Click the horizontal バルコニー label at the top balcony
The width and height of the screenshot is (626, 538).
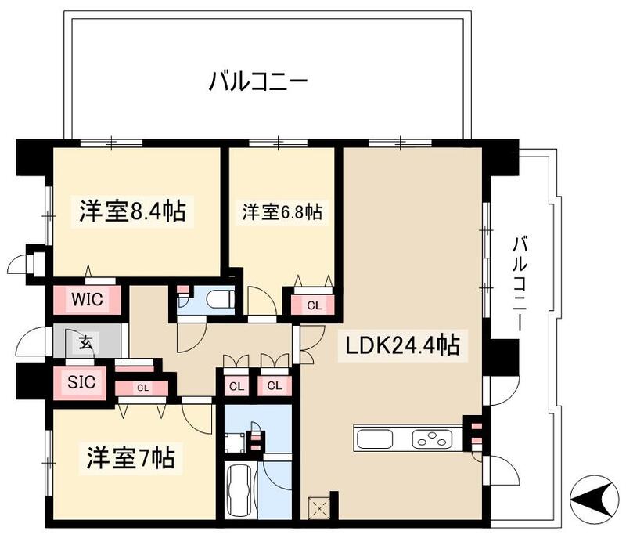(258, 81)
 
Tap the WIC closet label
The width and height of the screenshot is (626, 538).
(87, 299)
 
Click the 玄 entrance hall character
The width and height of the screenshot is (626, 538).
(85, 342)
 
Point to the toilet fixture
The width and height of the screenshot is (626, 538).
(217, 298)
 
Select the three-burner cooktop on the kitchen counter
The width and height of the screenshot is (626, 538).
(431, 439)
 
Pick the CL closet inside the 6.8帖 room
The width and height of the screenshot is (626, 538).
(313, 305)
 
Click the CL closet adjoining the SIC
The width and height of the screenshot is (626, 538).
(142, 387)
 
